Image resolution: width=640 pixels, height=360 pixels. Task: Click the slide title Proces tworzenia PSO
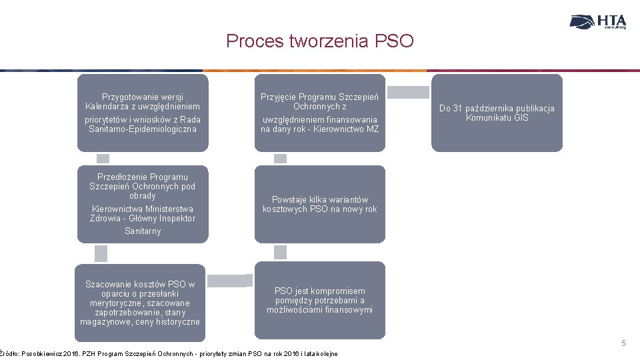[320, 41]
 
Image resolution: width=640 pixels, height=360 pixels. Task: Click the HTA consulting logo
[598, 22]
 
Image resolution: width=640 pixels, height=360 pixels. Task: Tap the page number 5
[623, 343]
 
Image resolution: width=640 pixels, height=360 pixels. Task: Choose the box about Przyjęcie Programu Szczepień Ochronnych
[319, 113]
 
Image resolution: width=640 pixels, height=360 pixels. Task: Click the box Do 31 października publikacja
[497, 113]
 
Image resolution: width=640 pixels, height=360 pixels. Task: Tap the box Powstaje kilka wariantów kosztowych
[319, 204]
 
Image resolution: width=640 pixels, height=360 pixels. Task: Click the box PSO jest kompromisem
[319, 300]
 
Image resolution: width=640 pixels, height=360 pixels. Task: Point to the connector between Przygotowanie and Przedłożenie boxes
[103, 159]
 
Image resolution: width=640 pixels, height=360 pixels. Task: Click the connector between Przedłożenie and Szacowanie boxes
[101, 253]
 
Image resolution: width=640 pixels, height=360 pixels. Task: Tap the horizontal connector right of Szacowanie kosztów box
[228, 281]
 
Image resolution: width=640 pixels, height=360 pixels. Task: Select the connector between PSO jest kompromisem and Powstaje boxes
[280, 252]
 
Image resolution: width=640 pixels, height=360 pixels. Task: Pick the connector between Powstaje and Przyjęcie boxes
[280, 159]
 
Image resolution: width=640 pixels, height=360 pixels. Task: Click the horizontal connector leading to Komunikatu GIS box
[408, 93]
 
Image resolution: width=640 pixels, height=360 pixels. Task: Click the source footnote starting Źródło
[169, 353]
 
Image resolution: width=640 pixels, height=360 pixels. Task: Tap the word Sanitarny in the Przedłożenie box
[143, 231]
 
